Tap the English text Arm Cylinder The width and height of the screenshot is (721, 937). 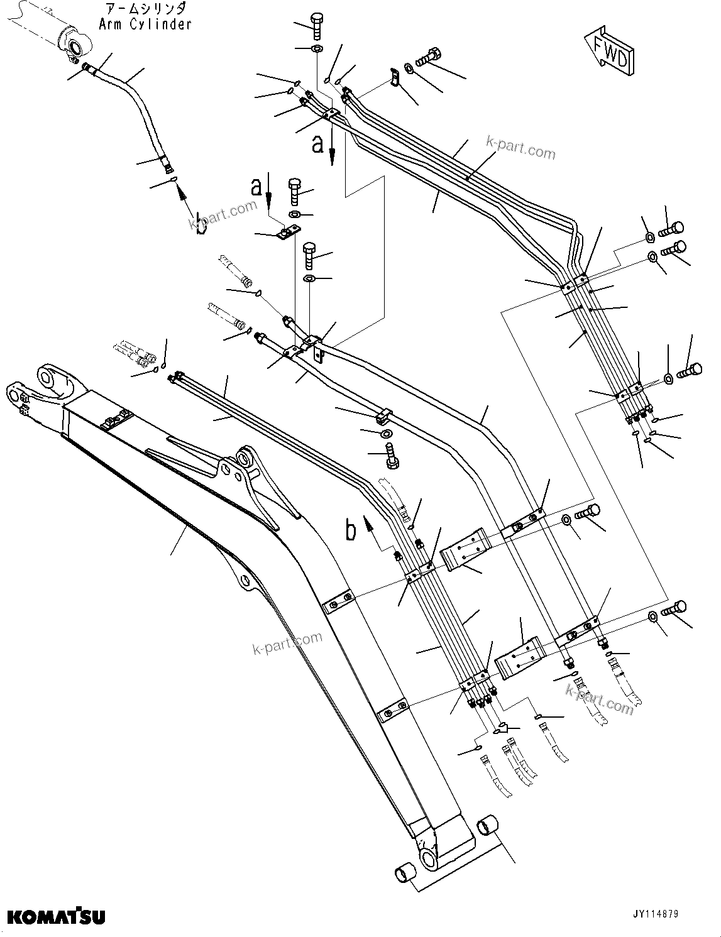click(145, 25)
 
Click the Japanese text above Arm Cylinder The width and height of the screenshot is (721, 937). click(145, 9)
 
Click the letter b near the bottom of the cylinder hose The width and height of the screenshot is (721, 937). click(199, 223)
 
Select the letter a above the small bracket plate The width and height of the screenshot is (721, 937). click(256, 186)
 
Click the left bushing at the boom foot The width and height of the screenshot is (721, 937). click(405, 875)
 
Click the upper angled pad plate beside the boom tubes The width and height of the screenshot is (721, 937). click(465, 551)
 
